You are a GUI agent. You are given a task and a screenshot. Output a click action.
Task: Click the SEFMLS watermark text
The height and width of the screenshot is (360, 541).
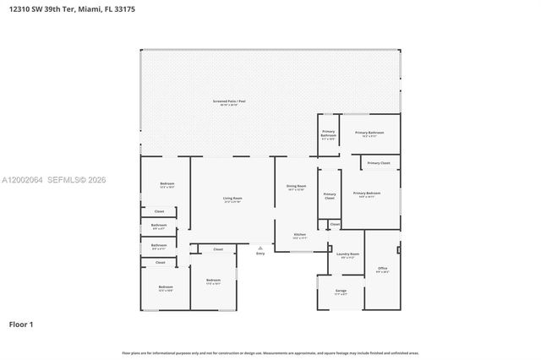coord(61,179)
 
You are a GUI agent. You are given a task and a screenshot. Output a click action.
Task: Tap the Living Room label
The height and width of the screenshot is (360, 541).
coord(232,199)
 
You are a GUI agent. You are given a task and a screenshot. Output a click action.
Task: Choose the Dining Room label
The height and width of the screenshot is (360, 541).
coord(296,187)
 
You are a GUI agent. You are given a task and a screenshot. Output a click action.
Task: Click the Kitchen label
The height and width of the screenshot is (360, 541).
coord(299,235)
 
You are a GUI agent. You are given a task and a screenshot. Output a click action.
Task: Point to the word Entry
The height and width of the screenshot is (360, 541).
coord(260,253)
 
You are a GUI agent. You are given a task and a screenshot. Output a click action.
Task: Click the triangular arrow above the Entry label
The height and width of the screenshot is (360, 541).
coord(260,248)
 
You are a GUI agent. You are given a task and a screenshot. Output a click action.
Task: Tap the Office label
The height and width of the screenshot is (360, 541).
coord(382,269)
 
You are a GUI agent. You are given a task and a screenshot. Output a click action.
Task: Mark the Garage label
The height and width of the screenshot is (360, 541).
coord(341,292)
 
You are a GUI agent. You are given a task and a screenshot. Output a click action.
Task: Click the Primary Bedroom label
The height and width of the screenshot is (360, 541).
coord(367,194)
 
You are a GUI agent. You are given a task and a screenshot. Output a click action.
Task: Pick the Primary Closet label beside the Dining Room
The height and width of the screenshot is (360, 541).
coord(330,196)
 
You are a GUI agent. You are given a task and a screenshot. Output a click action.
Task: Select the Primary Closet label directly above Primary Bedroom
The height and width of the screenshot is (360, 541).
coord(379,162)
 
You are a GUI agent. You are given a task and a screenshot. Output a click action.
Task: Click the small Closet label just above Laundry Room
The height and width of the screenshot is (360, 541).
coord(335,224)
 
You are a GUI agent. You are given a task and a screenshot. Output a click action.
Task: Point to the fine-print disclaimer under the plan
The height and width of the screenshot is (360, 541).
coord(270,352)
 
